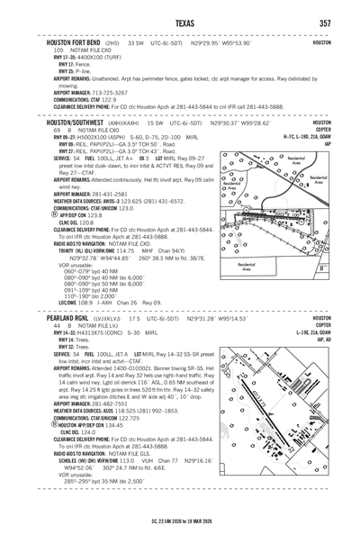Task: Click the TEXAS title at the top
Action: [179, 22]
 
